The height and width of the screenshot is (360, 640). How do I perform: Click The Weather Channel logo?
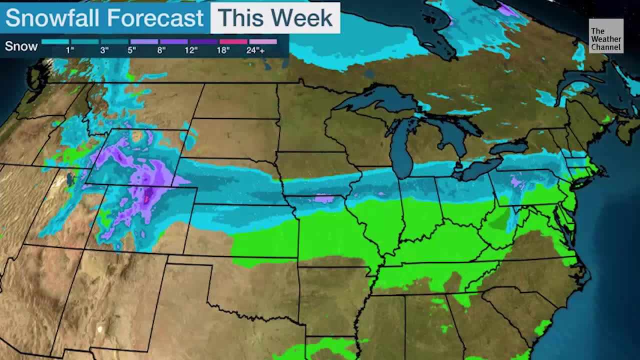[605, 36]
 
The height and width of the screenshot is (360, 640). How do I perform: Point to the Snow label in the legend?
[21, 46]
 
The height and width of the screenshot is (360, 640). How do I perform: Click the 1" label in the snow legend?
[70, 50]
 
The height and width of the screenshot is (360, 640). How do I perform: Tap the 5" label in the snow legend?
[131, 50]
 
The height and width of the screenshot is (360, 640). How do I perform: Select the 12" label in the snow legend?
[191, 50]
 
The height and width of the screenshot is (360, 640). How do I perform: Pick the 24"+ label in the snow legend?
[255, 50]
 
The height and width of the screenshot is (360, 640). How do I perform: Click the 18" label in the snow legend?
[223, 50]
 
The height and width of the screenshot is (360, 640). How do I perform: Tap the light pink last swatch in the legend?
[262, 41]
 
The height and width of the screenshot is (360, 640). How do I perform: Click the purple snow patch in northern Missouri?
[324, 199]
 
